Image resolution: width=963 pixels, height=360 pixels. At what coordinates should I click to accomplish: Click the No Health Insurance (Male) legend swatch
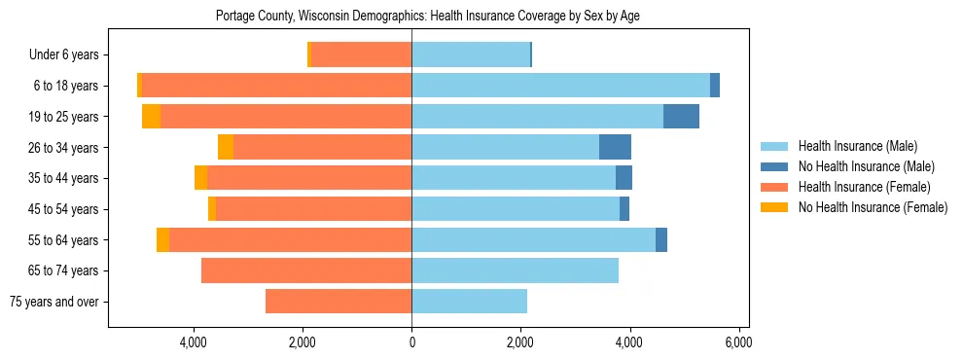click(x=773, y=166)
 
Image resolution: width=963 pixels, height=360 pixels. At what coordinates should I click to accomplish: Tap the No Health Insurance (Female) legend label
click(x=872, y=207)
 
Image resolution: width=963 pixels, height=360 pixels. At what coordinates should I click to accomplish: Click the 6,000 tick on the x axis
click(x=738, y=342)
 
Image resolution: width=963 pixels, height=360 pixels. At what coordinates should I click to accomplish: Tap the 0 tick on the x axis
click(x=411, y=342)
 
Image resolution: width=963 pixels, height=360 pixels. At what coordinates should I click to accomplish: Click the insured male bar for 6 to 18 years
click(x=560, y=86)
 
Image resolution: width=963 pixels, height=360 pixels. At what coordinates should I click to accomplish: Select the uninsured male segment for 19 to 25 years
click(x=681, y=117)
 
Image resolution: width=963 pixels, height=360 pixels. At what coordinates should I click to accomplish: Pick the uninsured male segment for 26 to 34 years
click(x=615, y=147)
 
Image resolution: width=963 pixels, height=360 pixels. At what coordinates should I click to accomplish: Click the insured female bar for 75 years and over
click(x=339, y=302)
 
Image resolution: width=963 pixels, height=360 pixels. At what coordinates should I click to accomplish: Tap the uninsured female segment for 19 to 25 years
click(x=151, y=117)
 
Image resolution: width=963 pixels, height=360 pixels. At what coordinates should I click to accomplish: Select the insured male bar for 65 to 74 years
click(x=515, y=270)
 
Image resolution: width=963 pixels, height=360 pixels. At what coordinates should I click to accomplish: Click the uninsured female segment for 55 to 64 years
click(x=162, y=239)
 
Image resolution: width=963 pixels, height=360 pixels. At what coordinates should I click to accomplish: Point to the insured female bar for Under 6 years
click(x=361, y=55)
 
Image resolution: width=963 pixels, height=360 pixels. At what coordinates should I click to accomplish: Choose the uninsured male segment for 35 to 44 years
click(x=624, y=178)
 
